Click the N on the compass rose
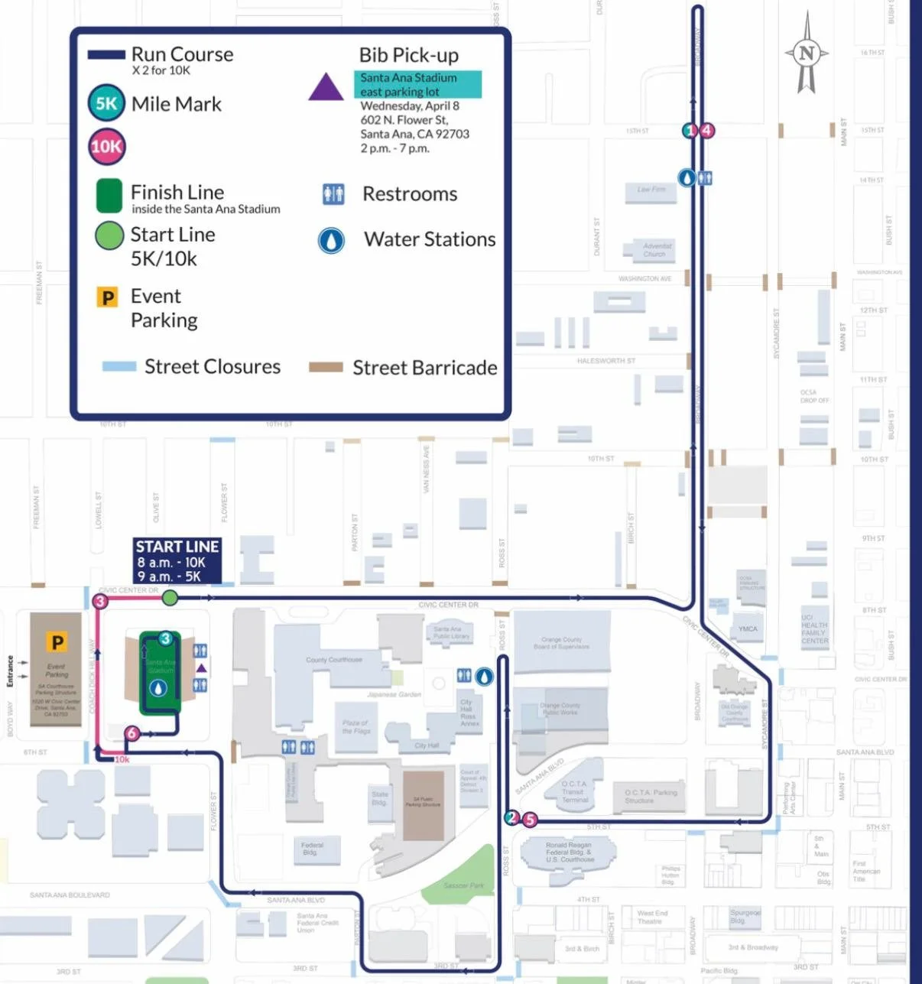[807, 54]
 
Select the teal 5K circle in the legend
[106, 103]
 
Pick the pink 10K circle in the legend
[106, 147]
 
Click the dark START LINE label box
[177, 561]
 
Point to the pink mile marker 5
[529, 820]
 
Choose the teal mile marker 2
[512, 818]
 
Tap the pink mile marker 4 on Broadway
[707, 130]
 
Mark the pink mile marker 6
[131, 733]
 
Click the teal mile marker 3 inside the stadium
[165, 639]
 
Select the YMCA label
[748, 629]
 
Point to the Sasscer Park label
[464, 885]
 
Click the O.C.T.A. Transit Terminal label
[574, 791]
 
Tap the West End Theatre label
[652, 917]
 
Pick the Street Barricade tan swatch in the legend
[326, 368]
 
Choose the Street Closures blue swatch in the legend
[119, 366]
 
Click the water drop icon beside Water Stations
[331, 240]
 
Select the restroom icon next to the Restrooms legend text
[333, 194]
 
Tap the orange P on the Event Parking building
[57, 642]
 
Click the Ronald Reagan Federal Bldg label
[569, 852]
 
